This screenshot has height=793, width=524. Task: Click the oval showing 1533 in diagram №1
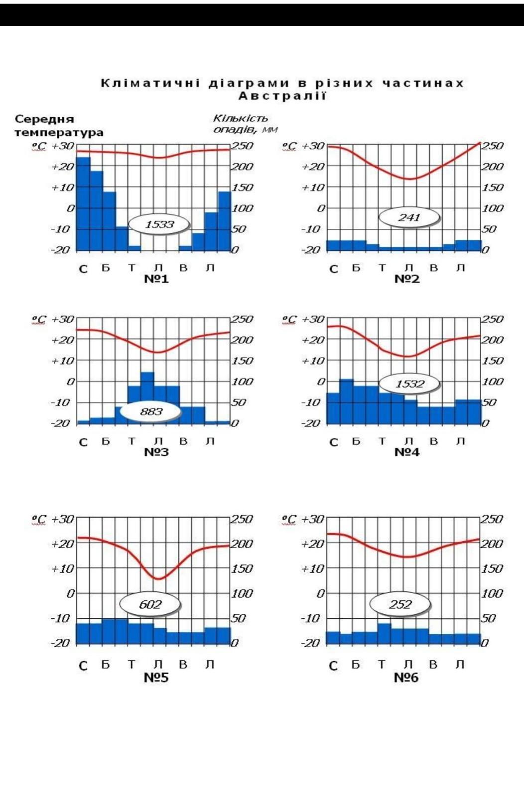159,224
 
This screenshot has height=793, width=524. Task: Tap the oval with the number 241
409,217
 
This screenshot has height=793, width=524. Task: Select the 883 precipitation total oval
151,411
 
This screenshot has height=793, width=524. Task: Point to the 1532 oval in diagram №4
409,384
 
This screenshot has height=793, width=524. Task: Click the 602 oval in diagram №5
150,604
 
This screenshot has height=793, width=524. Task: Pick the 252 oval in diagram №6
400,604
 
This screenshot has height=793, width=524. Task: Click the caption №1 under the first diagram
156,279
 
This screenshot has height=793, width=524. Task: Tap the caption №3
156,452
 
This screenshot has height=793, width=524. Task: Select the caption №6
406,678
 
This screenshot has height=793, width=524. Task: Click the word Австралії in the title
282,96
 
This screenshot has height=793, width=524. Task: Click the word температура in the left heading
59,132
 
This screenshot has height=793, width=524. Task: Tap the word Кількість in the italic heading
241,118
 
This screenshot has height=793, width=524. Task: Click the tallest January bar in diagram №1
83,204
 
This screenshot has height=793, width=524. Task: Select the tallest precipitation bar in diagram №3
147,397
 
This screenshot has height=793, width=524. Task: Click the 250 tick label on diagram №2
492,146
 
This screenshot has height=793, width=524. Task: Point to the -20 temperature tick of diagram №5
61,643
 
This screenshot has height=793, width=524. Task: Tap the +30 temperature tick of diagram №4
313,319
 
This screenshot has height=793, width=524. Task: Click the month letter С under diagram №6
333,666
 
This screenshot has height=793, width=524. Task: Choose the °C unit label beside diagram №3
38,319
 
